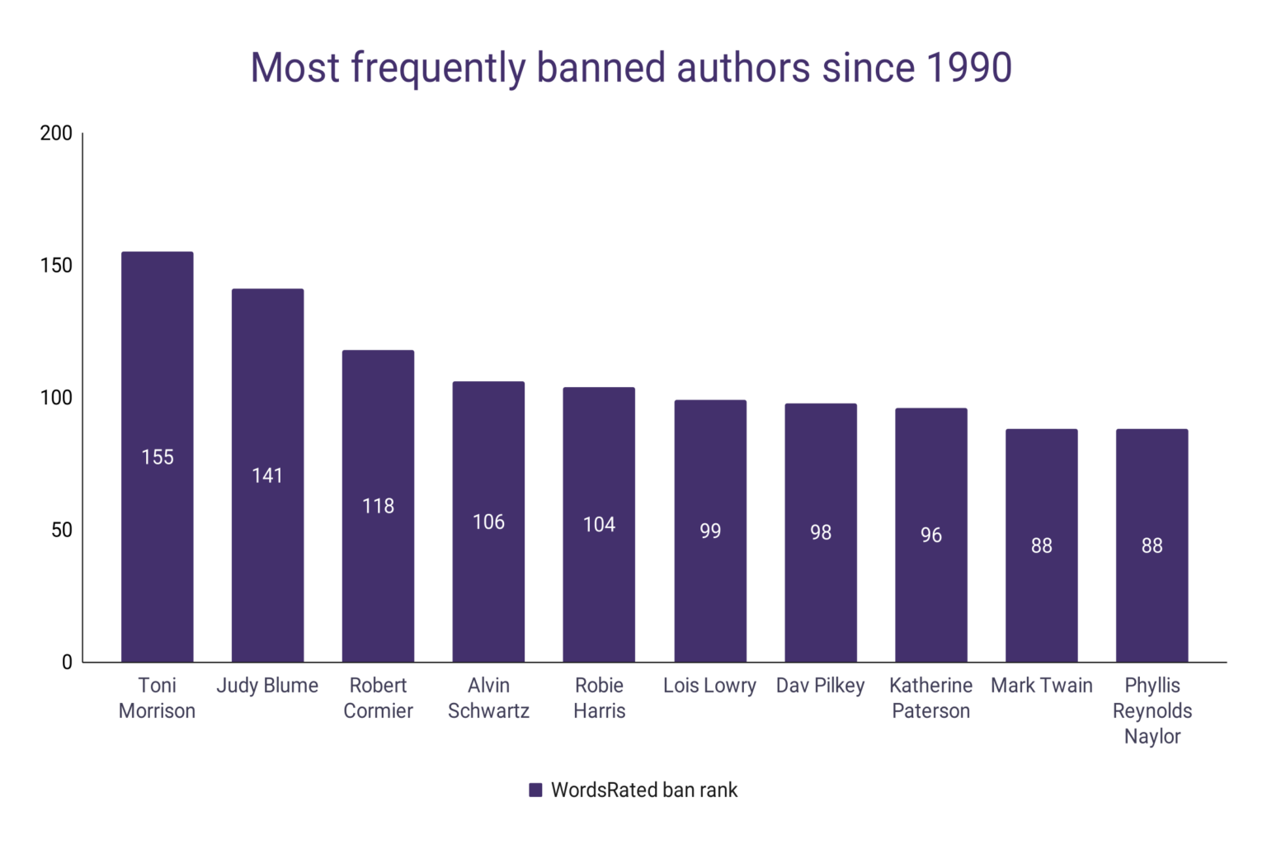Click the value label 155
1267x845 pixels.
[158, 457]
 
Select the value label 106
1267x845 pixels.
[488, 522]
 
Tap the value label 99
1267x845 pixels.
[710, 531]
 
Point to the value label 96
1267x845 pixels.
[931, 536]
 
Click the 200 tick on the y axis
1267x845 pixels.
[56, 134]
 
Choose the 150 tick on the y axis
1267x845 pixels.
[56, 266]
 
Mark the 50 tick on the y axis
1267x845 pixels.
[62, 530]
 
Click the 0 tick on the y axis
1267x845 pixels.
[67, 662]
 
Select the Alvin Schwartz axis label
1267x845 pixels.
[488, 698]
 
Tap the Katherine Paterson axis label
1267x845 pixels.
[930, 698]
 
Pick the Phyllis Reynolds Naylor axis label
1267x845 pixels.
[1152, 710]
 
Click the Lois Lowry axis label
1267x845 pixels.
[709, 686]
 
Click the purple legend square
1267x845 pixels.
[535, 791]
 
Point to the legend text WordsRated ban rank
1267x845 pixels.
[644, 791]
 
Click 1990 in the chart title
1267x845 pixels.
[969, 68]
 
